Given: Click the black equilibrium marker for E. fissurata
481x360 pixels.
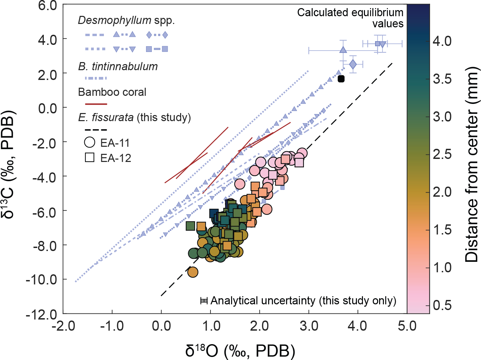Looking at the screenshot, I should (x=341, y=79).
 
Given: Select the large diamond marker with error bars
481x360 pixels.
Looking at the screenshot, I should (x=353, y=64).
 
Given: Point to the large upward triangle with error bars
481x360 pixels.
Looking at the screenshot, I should (x=343, y=50).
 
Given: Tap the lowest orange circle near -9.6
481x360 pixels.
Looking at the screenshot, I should (x=193, y=272).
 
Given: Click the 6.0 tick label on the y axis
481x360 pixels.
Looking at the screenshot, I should (x=47, y=6).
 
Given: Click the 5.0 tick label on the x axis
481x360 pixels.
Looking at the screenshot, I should (x=407, y=326).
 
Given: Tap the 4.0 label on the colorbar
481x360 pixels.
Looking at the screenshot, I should (x=442, y=41).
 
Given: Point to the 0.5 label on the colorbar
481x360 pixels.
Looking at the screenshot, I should (x=442, y=305).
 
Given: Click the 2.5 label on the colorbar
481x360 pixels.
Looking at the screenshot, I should (x=442, y=154).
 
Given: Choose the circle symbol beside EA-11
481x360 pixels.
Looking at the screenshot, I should (x=90, y=142).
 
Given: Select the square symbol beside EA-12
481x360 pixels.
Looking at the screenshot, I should (x=90, y=158).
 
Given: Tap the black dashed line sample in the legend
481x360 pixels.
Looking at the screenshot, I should (x=96, y=130).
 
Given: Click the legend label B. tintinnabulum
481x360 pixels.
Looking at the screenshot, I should (x=118, y=66).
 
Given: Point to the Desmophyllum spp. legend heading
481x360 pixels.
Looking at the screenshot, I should (x=126, y=21).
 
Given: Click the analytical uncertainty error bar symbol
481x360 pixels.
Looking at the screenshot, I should (x=204, y=301).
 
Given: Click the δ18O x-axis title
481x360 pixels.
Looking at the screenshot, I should (x=240, y=351).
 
